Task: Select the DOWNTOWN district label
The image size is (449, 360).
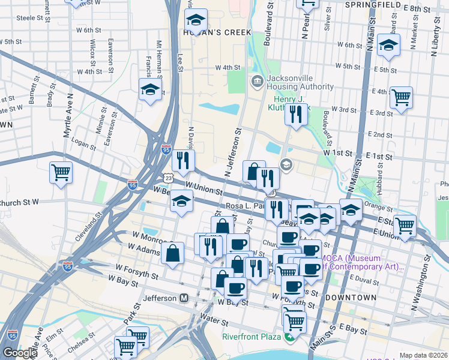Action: (x=351, y=298)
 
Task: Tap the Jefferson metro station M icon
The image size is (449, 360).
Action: (x=184, y=298)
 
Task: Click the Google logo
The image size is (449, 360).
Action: (x=20, y=353)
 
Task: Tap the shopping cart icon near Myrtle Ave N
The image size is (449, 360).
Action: (x=61, y=173)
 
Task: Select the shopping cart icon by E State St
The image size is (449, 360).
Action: (x=405, y=226)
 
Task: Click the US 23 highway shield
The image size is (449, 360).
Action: (x=169, y=178)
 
